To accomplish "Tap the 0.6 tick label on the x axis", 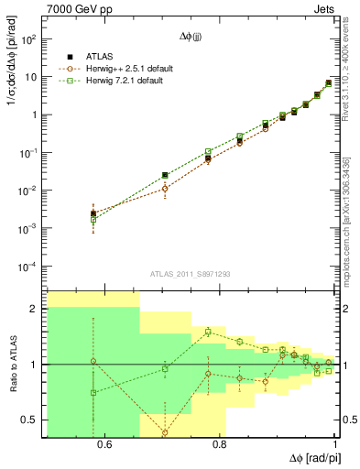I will (104, 446).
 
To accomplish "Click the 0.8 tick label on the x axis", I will (219, 446).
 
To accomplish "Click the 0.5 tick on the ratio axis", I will (32, 420).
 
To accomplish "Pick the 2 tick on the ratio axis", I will (37, 310).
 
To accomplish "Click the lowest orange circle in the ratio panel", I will (165, 432).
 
